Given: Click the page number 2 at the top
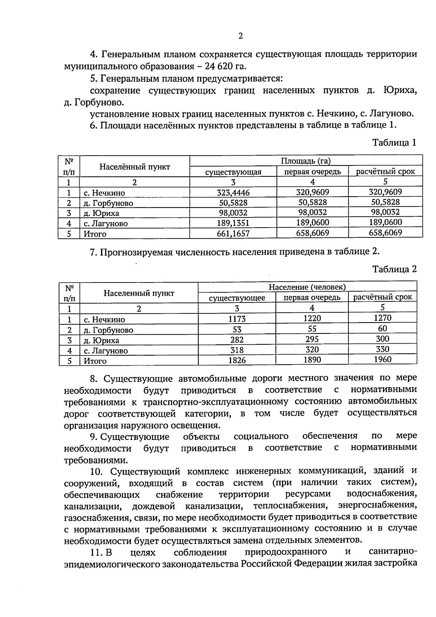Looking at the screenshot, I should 240,36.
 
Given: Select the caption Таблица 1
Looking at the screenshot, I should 394,143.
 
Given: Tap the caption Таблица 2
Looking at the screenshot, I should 394,269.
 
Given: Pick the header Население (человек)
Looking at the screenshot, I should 307,287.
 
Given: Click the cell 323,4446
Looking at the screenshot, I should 233,193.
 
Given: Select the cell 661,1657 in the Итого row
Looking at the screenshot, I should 233,233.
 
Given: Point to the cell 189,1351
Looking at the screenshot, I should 233,223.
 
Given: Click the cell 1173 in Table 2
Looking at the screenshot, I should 237,319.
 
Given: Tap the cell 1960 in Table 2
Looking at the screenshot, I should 382,360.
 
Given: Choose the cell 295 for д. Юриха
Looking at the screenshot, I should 312,339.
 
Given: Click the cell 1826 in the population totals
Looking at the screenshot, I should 237,360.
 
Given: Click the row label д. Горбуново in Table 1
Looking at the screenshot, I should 108,203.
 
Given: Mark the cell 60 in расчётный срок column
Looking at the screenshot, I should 382,329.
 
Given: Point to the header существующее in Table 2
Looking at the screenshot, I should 237,298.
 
